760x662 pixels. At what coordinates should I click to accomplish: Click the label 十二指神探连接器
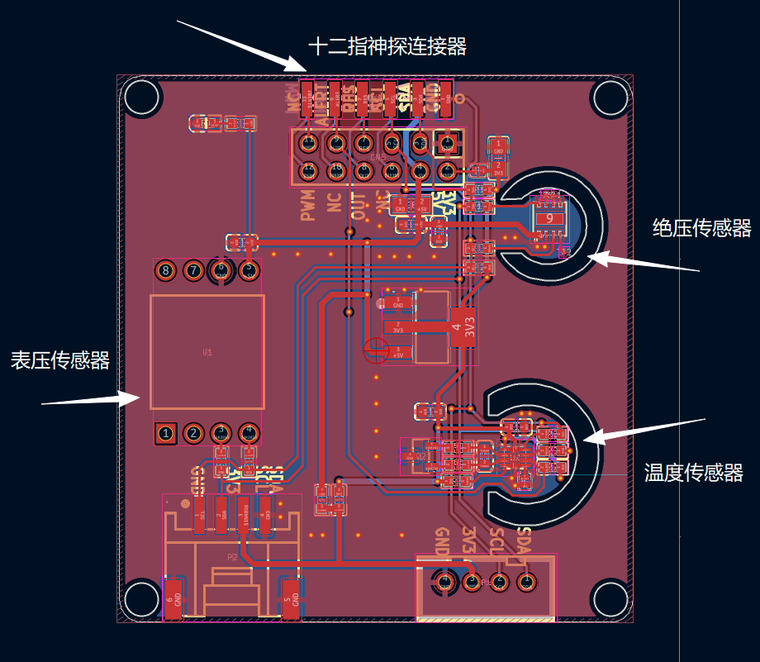387,47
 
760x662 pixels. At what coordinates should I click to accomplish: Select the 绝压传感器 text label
701,228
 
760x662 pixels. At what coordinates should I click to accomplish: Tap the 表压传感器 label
59,360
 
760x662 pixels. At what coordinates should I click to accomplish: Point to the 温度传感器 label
694,473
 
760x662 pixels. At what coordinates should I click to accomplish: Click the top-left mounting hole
141,98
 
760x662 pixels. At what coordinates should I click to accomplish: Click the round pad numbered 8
166,270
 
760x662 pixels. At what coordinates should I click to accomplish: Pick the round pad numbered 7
193,270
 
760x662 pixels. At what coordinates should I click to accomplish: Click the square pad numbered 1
166,433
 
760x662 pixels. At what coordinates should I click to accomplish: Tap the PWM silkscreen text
308,205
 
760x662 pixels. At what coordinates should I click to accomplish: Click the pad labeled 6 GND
173,597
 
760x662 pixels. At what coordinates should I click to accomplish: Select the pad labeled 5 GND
290,597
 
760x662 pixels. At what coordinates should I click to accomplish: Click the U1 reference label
207,352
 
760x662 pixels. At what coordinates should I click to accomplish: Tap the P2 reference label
233,558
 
